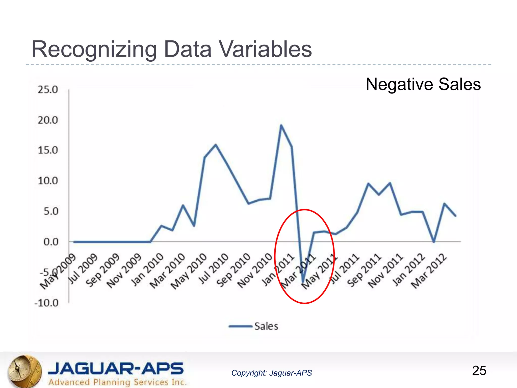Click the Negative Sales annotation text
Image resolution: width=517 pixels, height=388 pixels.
pos(423,84)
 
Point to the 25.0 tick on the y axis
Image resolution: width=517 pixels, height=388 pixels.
pos(48,90)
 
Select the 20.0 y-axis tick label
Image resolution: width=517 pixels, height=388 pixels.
pos(48,120)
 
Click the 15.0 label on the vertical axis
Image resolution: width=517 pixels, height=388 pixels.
pos(48,151)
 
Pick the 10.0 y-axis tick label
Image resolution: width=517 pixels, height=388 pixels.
pos(48,181)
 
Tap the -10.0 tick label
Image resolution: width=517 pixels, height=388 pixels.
pos(46,303)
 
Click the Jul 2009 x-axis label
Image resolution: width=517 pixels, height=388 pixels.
pos(83,269)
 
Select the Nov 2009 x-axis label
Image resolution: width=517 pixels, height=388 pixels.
pos(124,271)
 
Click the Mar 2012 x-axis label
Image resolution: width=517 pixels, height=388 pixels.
pos(429,271)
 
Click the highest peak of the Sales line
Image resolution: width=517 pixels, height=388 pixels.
pos(281,125)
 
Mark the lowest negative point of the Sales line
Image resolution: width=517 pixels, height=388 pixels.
pos(303,282)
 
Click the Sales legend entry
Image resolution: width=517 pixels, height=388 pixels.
pos(254,326)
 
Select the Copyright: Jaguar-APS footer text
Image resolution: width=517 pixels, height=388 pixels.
pos(272,373)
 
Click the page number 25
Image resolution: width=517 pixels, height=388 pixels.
pos(479,371)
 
